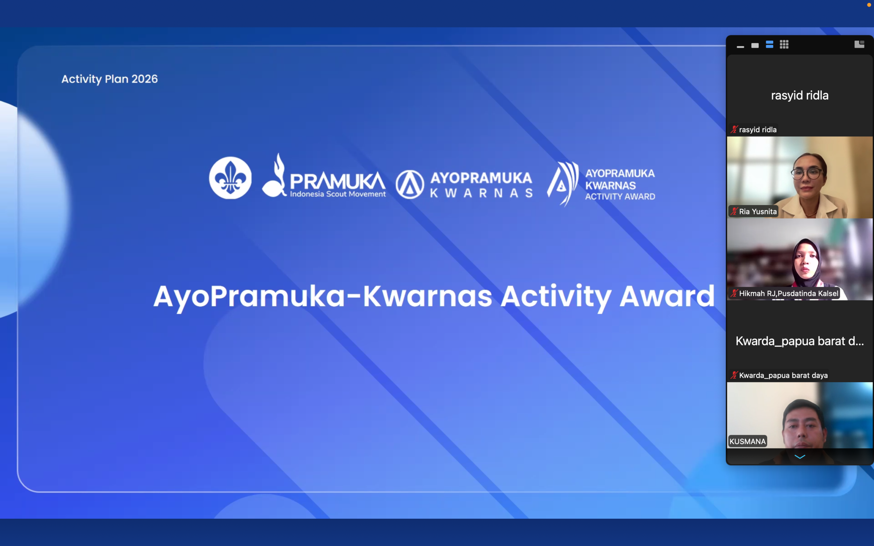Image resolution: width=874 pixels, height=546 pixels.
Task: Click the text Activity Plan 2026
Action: pyautogui.click(x=110, y=79)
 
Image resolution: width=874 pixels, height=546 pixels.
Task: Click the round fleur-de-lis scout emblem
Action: pyautogui.click(x=230, y=178)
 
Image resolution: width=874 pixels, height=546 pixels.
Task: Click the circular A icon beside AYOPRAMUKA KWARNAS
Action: pyautogui.click(x=410, y=185)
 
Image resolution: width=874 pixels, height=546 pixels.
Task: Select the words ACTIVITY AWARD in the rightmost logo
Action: pyautogui.click(x=620, y=197)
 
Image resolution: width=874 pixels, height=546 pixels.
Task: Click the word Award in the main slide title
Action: pyautogui.click(x=667, y=296)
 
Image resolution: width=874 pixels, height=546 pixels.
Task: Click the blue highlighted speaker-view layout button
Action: pyautogui.click(x=769, y=44)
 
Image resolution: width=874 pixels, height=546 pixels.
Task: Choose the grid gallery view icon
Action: pyautogui.click(x=784, y=44)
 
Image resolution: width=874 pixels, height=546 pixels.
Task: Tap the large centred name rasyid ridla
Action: pyautogui.click(x=800, y=95)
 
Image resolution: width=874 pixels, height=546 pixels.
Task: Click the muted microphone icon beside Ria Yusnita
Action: pyautogui.click(x=734, y=211)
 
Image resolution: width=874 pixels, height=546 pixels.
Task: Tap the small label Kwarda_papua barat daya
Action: pyautogui.click(x=783, y=375)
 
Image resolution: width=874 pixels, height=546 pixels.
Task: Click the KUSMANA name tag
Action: pyautogui.click(x=747, y=441)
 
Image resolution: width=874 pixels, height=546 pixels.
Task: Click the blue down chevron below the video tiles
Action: pyautogui.click(x=800, y=457)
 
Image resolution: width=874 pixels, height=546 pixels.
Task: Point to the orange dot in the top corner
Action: pyautogui.click(x=869, y=5)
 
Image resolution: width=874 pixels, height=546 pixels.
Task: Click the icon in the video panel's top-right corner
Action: pyautogui.click(x=859, y=44)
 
